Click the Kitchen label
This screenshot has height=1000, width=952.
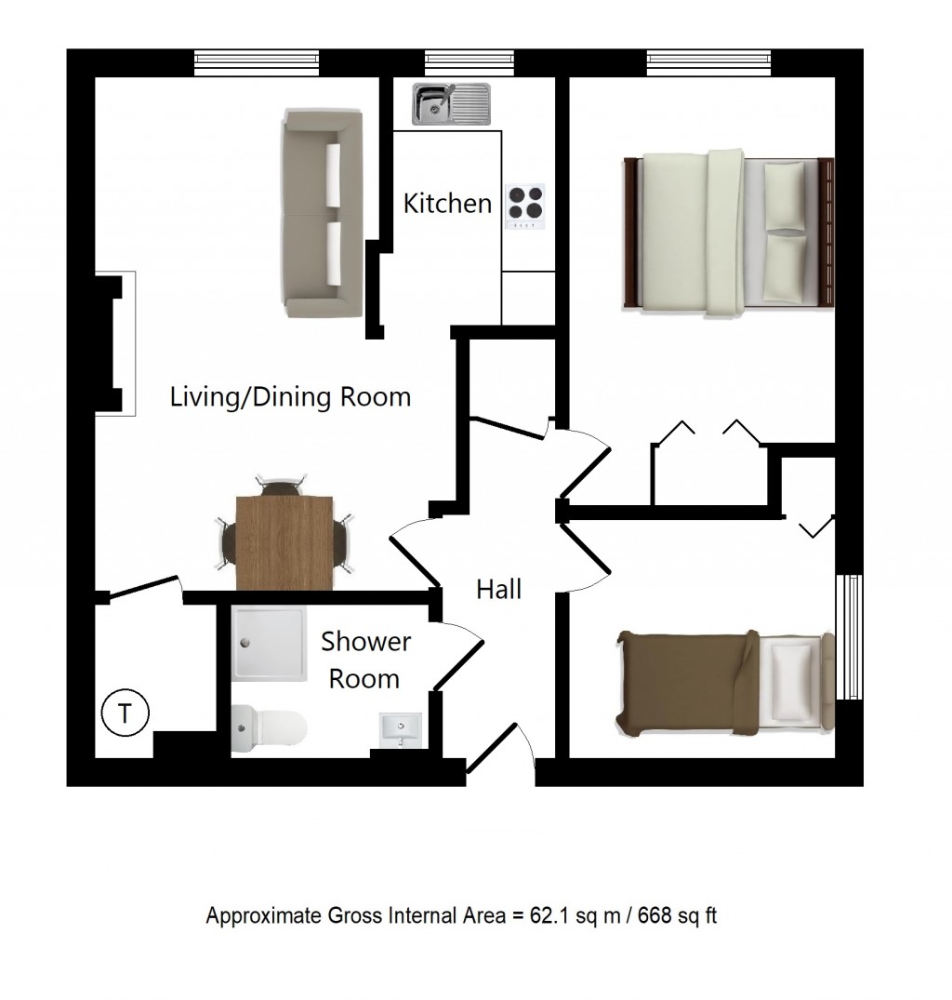[447, 204]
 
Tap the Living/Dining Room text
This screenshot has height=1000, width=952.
[290, 396]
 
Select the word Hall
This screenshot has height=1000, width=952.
[499, 589]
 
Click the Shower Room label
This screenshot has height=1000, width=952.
[365, 660]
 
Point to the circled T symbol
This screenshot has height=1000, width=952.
[125, 713]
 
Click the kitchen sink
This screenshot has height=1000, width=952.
[451, 104]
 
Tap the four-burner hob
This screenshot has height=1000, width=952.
[525, 207]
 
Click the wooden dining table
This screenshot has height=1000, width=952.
[284, 542]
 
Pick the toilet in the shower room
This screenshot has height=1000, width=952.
[269, 728]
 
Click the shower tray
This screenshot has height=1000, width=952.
[269, 643]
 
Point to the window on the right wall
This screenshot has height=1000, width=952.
[849, 636]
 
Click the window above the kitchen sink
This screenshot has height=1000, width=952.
[469, 61]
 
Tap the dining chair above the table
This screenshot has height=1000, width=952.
[281, 485]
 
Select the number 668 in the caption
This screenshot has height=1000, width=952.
[655, 916]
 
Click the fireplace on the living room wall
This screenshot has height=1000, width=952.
[115, 344]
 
